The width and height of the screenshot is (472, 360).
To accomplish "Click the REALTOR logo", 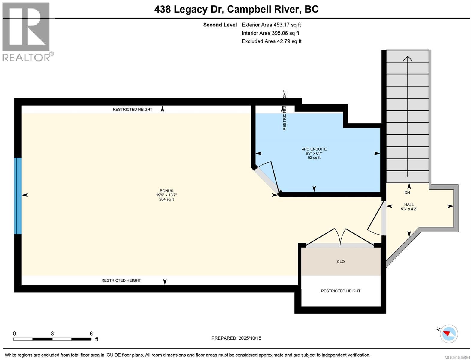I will (x=26, y=31).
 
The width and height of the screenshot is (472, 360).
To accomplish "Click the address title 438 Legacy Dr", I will (x=236, y=9).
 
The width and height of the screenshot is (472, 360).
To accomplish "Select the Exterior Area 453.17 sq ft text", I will (x=271, y=25).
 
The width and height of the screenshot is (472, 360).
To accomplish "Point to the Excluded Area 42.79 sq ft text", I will (x=271, y=41).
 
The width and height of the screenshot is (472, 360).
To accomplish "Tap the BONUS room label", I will (x=166, y=191).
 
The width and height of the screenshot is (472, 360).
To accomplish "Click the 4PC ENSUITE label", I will (x=314, y=149).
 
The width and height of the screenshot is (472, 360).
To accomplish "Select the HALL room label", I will (x=409, y=205).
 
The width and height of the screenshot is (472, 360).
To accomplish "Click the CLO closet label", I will (x=341, y=262).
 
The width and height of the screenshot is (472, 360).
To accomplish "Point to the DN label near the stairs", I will (x=407, y=193).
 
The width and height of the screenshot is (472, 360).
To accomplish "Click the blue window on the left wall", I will (x=18, y=196).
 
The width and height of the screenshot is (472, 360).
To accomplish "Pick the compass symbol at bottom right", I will (x=449, y=334).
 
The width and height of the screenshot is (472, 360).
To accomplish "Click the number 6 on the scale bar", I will (x=91, y=334).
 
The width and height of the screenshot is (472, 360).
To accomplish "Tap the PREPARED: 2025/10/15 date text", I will (x=236, y=338).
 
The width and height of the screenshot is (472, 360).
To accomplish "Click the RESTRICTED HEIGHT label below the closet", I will (x=340, y=291).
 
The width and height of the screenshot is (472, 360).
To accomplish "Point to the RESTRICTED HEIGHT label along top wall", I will (x=133, y=109).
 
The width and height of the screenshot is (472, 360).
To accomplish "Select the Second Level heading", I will (x=220, y=25).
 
